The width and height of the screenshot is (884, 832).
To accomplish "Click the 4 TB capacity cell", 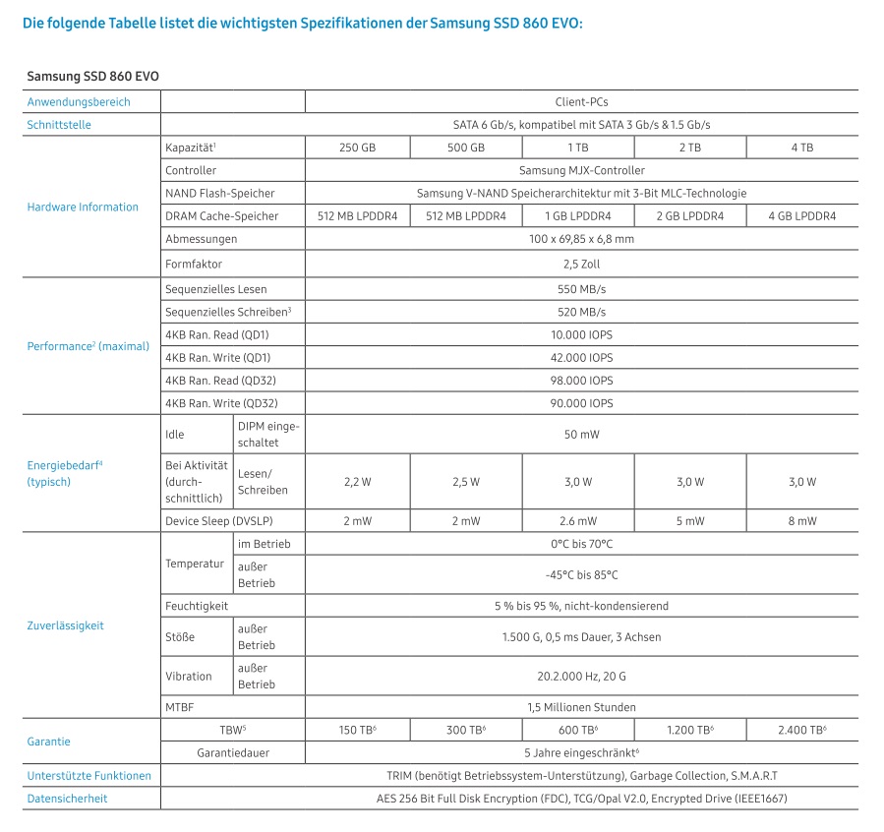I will tap(801, 148).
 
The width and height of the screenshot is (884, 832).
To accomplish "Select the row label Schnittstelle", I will tap(59, 125).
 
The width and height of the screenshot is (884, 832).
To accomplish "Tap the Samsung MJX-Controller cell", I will tap(581, 170).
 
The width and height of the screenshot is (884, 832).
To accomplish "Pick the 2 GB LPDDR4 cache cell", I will tap(689, 215).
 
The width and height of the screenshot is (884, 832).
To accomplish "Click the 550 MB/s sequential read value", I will tap(581, 289).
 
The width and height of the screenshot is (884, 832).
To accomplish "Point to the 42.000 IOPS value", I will tap(581, 357).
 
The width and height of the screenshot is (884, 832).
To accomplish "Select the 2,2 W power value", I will tap(356, 482).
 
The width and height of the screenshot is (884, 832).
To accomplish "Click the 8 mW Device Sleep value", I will tap(801, 521).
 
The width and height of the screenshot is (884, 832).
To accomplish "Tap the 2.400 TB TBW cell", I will tap(801, 730).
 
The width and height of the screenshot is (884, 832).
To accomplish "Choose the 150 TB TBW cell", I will tap(356, 730).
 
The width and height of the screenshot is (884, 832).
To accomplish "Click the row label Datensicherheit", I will tap(67, 799).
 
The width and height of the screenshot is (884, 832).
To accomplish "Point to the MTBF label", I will tap(181, 707).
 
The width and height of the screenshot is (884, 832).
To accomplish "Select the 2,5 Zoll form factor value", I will tap(581, 264).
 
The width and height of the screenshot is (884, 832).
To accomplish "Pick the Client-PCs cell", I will tap(581, 101).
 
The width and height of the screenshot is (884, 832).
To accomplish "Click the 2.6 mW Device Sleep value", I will tap(578, 521).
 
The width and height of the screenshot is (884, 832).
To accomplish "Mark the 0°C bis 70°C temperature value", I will tap(581, 544).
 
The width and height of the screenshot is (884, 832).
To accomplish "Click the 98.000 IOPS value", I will tap(581, 380).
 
